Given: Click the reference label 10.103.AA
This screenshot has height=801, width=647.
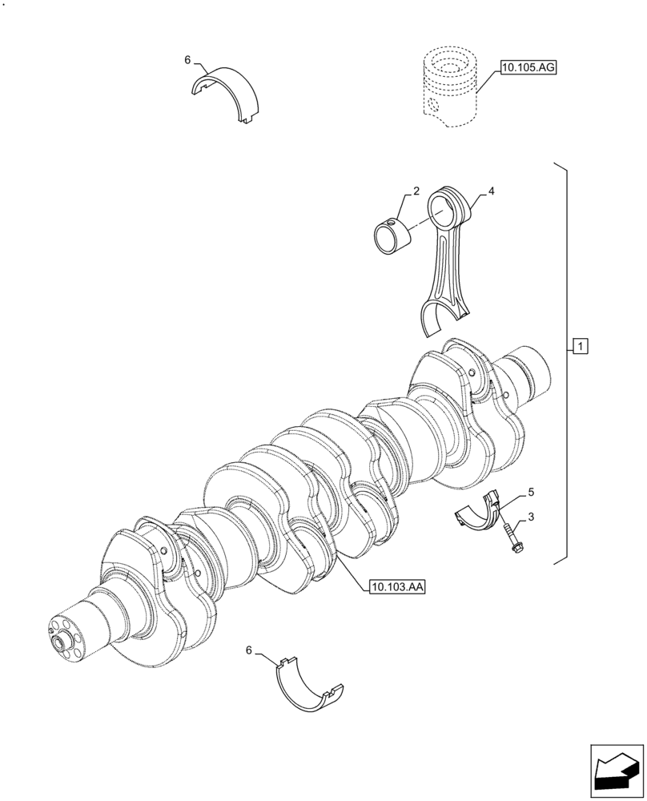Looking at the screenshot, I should tap(397, 587).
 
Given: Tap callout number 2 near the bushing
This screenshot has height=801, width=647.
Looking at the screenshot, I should tap(416, 191).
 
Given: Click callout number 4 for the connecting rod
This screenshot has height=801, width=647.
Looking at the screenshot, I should tap(491, 191).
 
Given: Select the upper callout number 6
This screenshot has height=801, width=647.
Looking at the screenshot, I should tap(187, 60).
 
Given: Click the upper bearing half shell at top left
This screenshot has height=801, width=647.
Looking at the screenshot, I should tap(228, 93).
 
